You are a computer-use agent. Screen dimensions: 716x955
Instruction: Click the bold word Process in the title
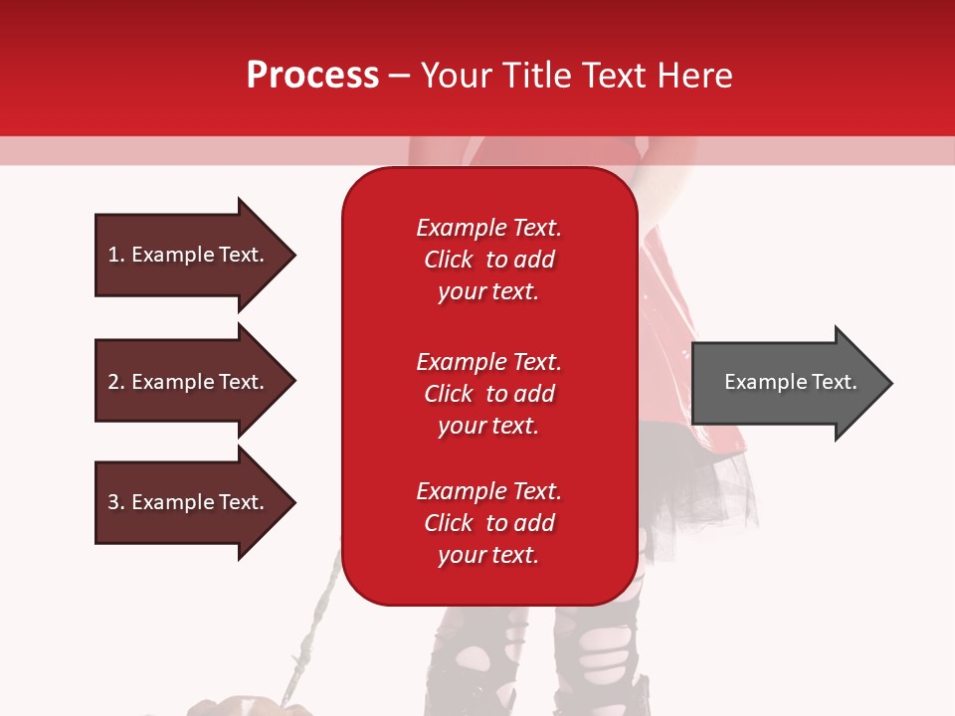click(x=312, y=76)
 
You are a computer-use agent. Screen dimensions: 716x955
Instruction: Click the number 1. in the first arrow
click(x=116, y=255)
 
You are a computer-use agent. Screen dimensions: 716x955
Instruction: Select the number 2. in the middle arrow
click(x=116, y=382)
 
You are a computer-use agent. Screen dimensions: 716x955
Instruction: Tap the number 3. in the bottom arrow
click(x=116, y=502)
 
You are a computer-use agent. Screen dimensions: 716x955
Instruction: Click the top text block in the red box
click(x=488, y=260)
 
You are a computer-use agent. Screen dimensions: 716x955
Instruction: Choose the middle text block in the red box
click(x=488, y=394)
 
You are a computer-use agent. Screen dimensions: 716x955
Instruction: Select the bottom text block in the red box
click(x=488, y=523)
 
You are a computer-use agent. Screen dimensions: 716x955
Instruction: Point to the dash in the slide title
click(x=400, y=77)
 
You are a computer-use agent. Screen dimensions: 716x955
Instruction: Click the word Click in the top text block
click(x=449, y=260)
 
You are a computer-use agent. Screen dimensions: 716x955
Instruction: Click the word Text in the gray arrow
click(x=836, y=382)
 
